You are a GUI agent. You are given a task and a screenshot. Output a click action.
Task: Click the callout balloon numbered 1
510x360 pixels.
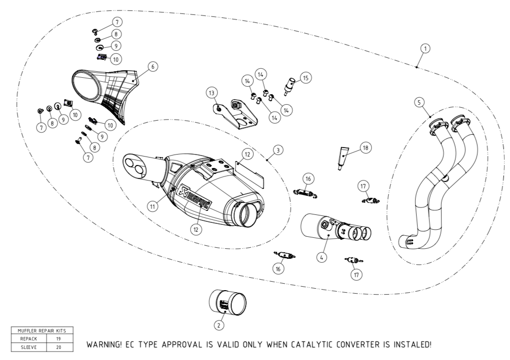point(425,48)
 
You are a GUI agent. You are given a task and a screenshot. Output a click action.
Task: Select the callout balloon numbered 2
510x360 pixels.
point(218,325)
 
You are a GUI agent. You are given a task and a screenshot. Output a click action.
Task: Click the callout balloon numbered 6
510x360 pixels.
point(153,66)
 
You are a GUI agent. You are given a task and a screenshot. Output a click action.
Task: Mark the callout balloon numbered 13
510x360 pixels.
point(212,93)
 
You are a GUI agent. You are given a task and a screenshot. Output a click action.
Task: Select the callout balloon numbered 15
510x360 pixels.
point(306,78)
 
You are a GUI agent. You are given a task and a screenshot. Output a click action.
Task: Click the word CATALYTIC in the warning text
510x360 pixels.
point(331,345)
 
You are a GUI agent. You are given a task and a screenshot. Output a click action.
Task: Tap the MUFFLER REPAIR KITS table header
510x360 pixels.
point(42,330)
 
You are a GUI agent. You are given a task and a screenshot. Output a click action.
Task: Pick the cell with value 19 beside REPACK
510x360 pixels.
point(59,338)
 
